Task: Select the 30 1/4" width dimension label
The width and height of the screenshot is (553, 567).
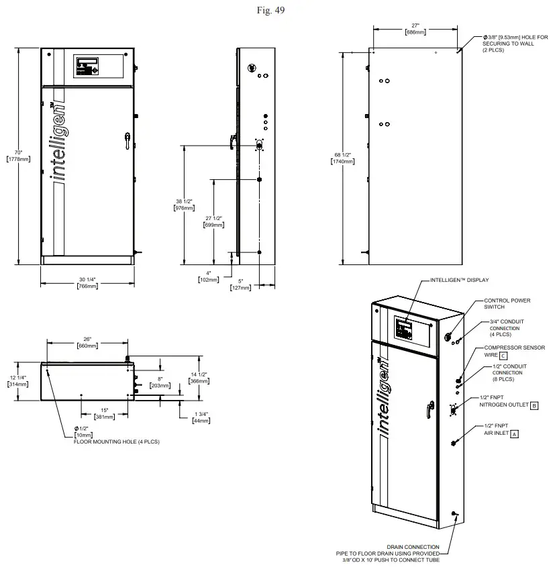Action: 87,279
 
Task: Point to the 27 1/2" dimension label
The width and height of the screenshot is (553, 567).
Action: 213,219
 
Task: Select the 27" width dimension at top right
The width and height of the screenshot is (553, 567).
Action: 415,26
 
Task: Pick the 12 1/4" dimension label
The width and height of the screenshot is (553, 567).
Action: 17,377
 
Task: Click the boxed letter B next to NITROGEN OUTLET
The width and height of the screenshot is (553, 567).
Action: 534,405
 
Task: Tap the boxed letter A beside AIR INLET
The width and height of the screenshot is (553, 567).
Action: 515,434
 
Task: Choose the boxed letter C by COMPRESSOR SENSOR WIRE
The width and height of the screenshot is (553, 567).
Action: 502,355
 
